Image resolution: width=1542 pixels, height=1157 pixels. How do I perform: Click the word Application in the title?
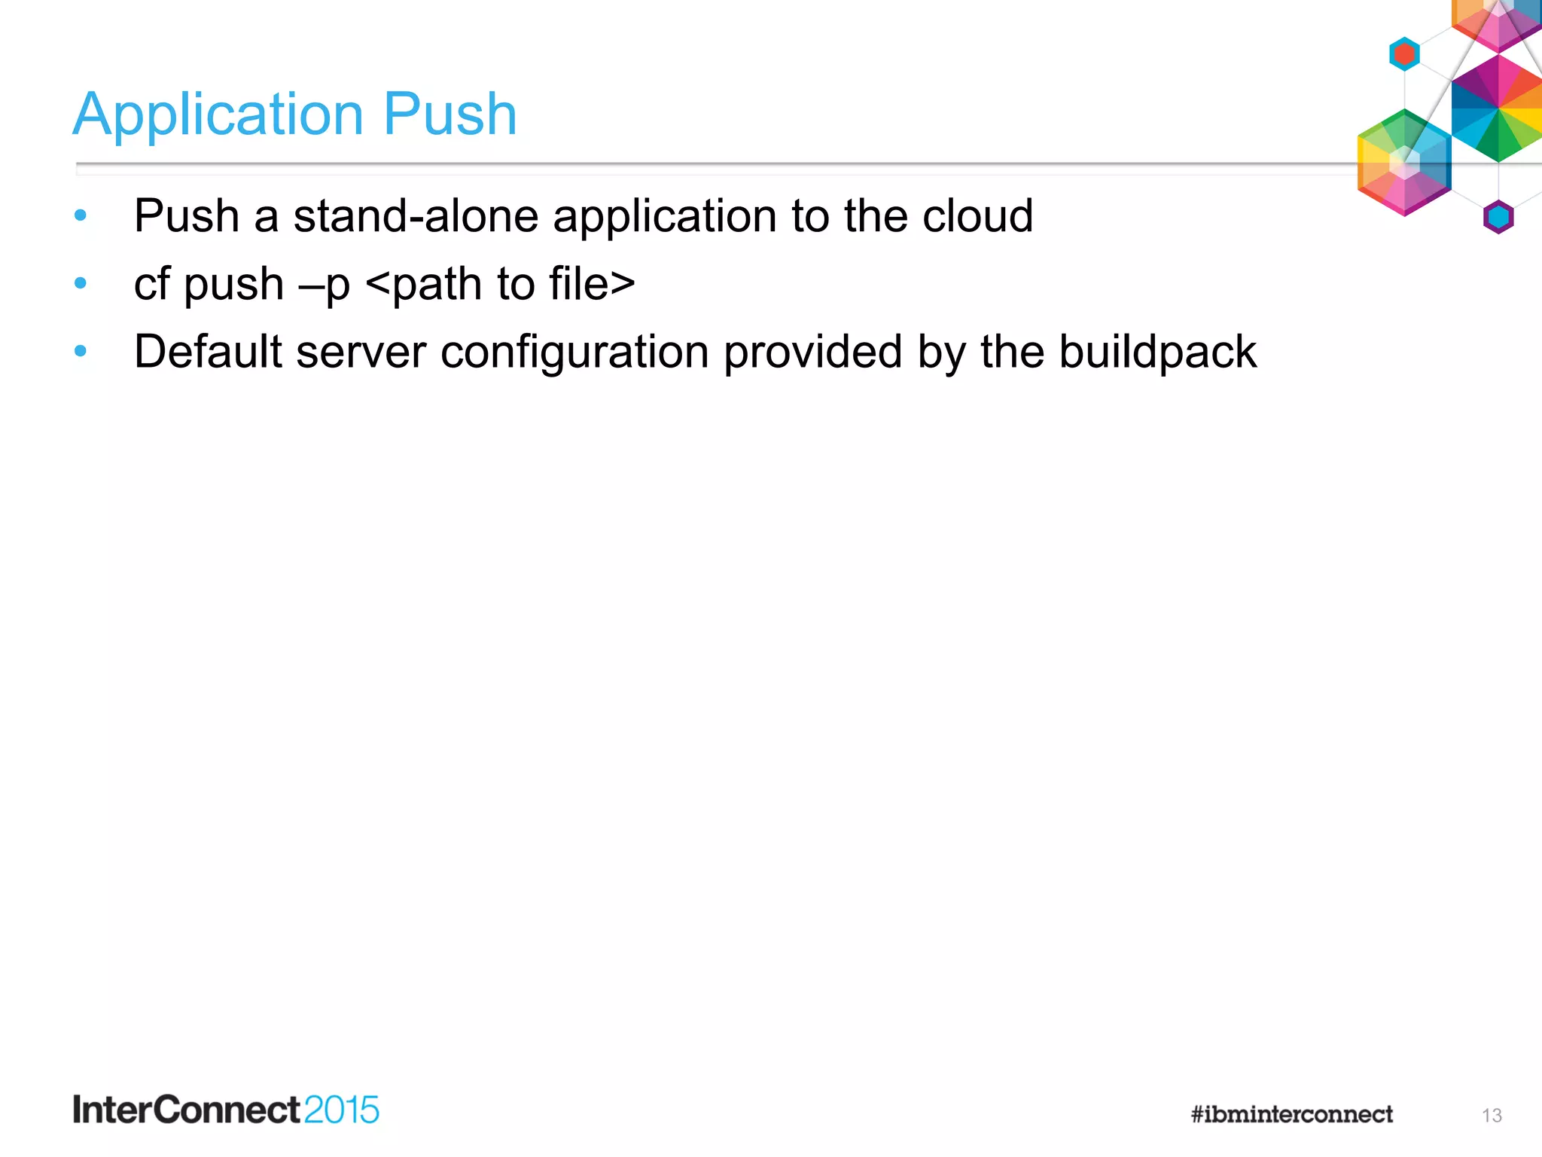218,114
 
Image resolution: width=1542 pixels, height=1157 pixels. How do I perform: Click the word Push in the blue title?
449,114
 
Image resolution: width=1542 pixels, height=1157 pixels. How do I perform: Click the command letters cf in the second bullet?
151,284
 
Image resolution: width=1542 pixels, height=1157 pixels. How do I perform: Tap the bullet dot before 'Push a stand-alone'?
81,216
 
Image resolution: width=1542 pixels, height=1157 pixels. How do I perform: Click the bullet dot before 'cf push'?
81,284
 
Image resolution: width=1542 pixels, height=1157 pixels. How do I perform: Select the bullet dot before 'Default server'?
81,351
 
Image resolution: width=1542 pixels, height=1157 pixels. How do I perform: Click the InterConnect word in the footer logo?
187,1110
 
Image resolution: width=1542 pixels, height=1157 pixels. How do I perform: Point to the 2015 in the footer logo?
342,1110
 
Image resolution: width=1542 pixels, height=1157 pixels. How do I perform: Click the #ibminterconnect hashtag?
1291,1114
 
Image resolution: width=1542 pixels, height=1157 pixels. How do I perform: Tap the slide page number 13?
1492,1116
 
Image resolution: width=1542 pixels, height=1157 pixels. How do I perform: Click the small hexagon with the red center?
1404,54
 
